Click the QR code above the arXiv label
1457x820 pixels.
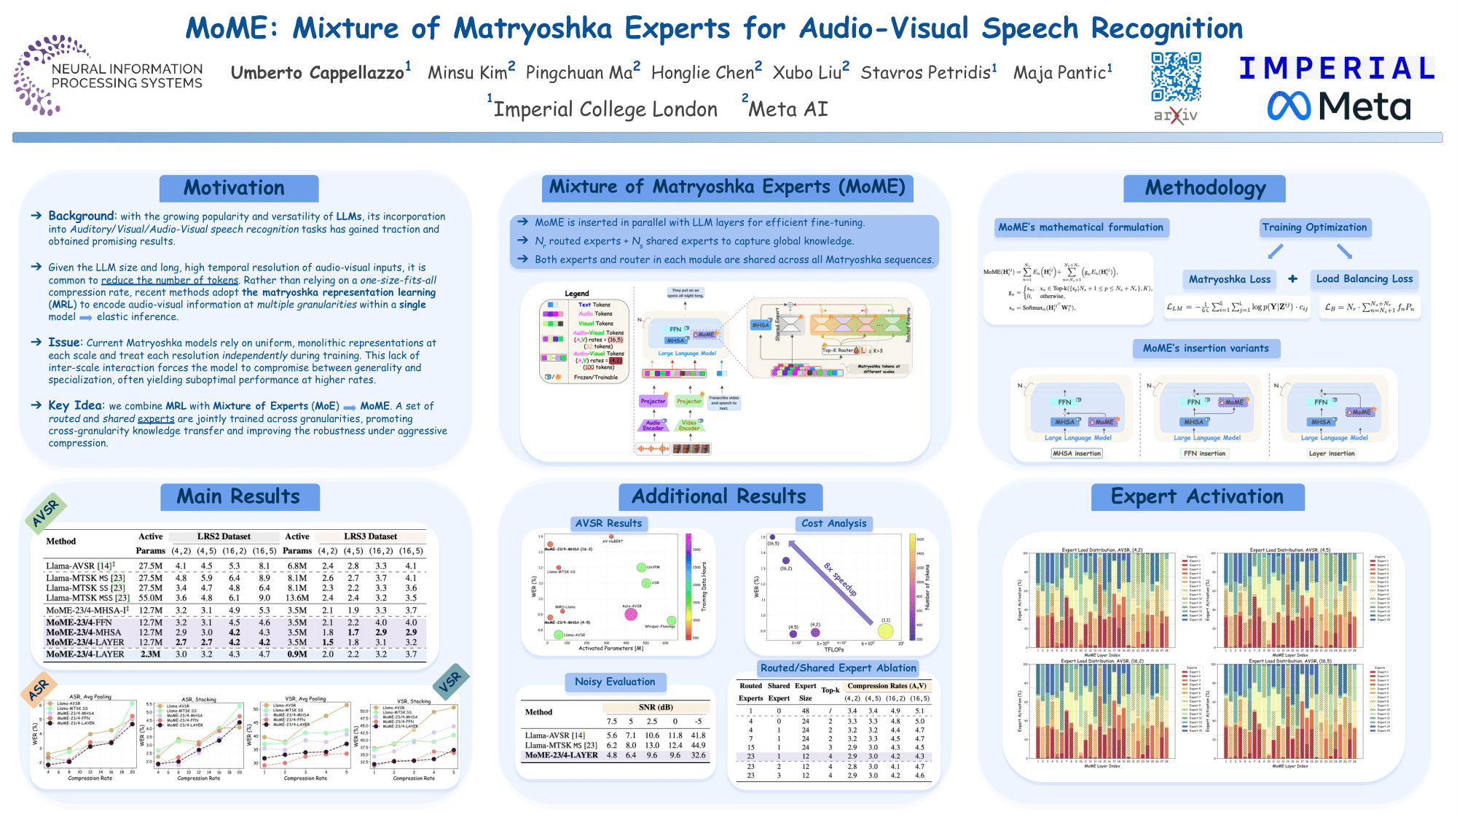point(1176,77)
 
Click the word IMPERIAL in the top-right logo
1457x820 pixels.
point(1336,69)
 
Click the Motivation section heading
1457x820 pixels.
point(234,188)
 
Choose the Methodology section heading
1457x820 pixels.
point(1205,188)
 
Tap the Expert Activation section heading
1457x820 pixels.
point(1197,496)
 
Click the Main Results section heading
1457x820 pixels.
point(238,496)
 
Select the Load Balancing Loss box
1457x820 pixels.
point(1364,279)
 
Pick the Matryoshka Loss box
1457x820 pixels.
point(1230,279)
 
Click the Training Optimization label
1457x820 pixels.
point(1314,227)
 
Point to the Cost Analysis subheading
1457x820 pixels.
point(833,523)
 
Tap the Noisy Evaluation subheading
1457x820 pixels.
point(615,682)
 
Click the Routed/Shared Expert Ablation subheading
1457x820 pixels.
point(838,668)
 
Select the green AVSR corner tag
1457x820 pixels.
point(45,512)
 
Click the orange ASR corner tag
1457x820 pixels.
point(39,689)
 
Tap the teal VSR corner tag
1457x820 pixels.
point(450,681)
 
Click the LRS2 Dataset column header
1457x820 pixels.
point(224,536)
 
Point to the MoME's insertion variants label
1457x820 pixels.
point(1206,348)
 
